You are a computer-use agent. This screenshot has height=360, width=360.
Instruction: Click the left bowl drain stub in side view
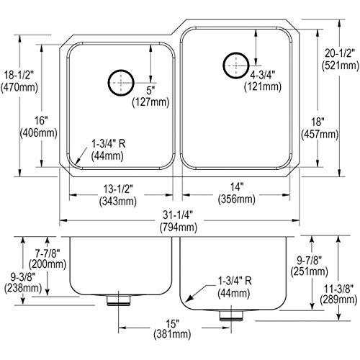pyautogui.click(x=117, y=298)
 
